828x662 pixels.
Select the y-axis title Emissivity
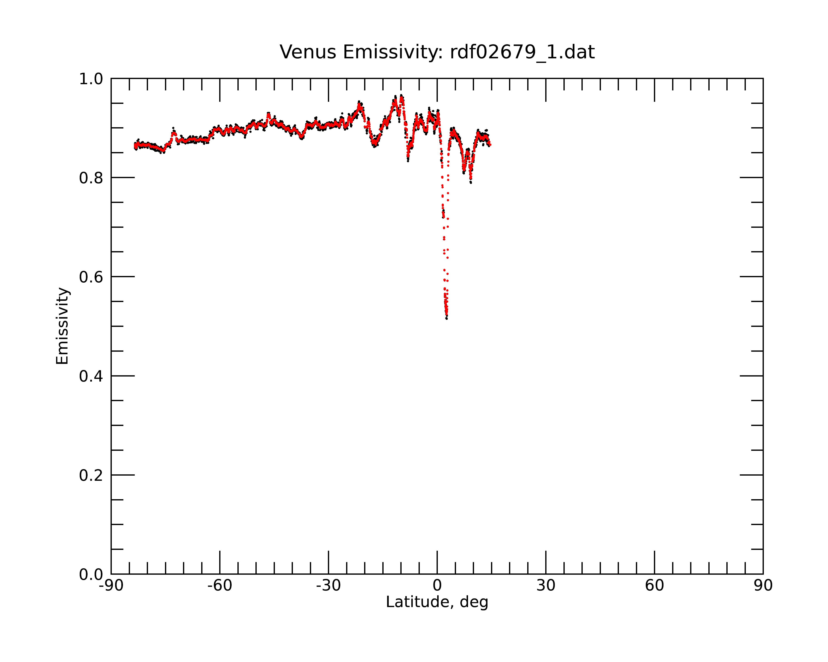[62, 326]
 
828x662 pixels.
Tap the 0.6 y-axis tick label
[91, 277]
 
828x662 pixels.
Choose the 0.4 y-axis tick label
[91, 377]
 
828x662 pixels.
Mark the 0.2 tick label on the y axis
[91, 475]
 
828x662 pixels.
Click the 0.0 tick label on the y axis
[91, 574]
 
